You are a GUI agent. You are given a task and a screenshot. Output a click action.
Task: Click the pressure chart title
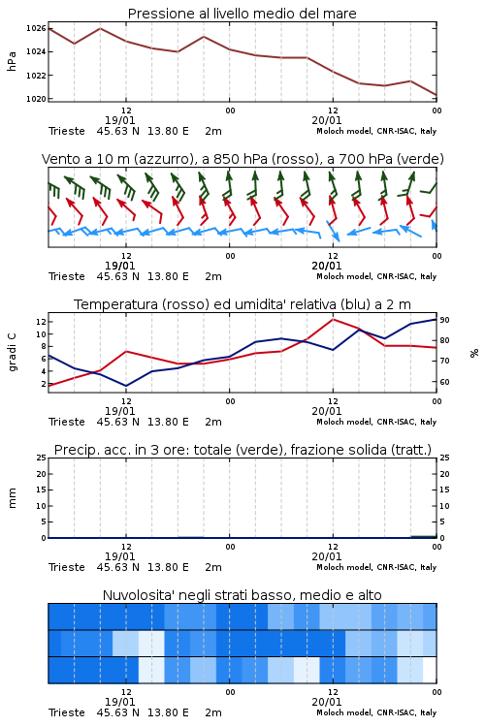pyautogui.click(x=242, y=14)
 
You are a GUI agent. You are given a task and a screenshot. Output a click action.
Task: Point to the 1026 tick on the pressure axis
pyautogui.click(x=36, y=29)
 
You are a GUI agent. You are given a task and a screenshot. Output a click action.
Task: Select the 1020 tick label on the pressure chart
pyautogui.click(x=36, y=99)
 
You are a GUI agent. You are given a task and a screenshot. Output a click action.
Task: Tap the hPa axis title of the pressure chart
pyautogui.click(x=12, y=61)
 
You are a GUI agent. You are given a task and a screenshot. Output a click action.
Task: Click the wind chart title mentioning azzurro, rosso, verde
pyautogui.click(x=242, y=159)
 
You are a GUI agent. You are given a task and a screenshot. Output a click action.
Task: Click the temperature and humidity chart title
pyautogui.click(x=242, y=304)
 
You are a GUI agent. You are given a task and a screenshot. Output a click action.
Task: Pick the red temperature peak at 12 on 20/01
pyautogui.click(x=333, y=319)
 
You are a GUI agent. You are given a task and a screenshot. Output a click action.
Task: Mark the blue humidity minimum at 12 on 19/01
pyautogui.click(x=126, y=386)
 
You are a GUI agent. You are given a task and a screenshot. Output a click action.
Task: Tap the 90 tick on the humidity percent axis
pyautogui.click(x=444, y=320)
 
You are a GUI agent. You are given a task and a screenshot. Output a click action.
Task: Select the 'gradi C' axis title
pyautogui.click(x=12, y=352)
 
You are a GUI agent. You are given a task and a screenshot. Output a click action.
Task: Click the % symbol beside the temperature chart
pyautogui.click(x=474, y=353)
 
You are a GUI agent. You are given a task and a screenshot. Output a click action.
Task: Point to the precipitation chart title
pyautogui.click(x=242, y=450)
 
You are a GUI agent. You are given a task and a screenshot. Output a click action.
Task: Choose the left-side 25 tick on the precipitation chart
pyautogui.click(x=42, y=458)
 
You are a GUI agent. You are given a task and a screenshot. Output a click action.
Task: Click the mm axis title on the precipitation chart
pyautogui.click(x=12, y=498)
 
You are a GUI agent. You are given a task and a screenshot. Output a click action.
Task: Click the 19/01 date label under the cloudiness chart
pyautogui.click(x=119, y=702)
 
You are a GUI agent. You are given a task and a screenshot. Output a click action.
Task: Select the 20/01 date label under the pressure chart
pyautogui.click(x=327, y=120)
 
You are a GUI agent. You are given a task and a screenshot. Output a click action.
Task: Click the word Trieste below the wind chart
pyautogui.click(x=67, y=277)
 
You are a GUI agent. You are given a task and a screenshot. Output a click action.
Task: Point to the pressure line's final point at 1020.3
pyautogui.click(x=436, y=95)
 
